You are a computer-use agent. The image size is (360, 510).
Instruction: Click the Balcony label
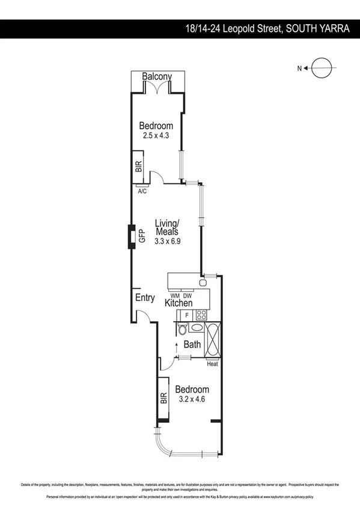[x=157, y=76]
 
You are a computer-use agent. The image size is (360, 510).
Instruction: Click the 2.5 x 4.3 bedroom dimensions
[x=156, y=136]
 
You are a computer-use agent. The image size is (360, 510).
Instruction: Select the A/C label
[x=142, y=191]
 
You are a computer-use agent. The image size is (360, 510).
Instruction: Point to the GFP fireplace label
[x=142, y=236]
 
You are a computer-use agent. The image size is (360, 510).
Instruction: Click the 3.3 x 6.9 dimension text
[x=168, y=241]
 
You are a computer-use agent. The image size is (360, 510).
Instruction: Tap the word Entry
[x=145, y=298]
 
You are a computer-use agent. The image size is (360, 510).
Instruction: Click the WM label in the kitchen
[x=175, y=296]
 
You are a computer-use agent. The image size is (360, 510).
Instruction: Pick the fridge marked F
[x=187, y=315]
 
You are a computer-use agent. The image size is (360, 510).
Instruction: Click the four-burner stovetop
[x=201, y=314]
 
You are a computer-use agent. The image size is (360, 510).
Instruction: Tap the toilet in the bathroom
[x=183, y=328]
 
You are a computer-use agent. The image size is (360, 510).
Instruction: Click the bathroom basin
[x=197, y=328]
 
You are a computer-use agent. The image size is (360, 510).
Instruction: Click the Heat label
[x=212, y=364]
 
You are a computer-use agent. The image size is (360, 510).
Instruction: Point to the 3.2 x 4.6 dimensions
[x=192, y=399]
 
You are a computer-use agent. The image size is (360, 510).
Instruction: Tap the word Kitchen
[x=178, y=304]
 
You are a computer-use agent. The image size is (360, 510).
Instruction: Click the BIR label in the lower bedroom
[x=163, y=398]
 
